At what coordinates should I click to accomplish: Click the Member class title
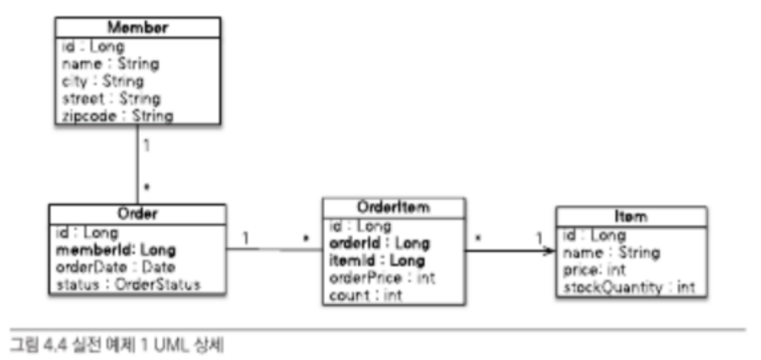(137, 28)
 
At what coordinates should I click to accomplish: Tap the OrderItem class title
(393, 208)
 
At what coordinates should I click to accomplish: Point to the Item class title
(630, 217)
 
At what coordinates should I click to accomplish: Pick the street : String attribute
(111, 99)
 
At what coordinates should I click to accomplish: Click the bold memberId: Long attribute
(116, 250)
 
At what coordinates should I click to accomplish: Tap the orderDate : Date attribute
(116, 268)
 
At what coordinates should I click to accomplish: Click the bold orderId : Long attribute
(379, 243)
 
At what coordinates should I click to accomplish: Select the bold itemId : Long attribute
(376, 260)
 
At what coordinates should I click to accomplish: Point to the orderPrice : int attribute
(382, 278)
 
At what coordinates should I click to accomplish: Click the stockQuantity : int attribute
(630, 289)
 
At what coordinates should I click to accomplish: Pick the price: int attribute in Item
(594, 270)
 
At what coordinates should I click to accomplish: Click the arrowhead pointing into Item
(549, 250)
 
